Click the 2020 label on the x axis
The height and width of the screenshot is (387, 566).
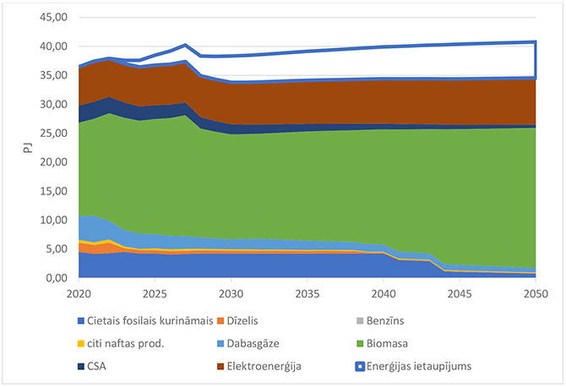click(x=79, y=293)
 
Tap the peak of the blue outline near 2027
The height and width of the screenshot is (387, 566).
click(x=185, y=46)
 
